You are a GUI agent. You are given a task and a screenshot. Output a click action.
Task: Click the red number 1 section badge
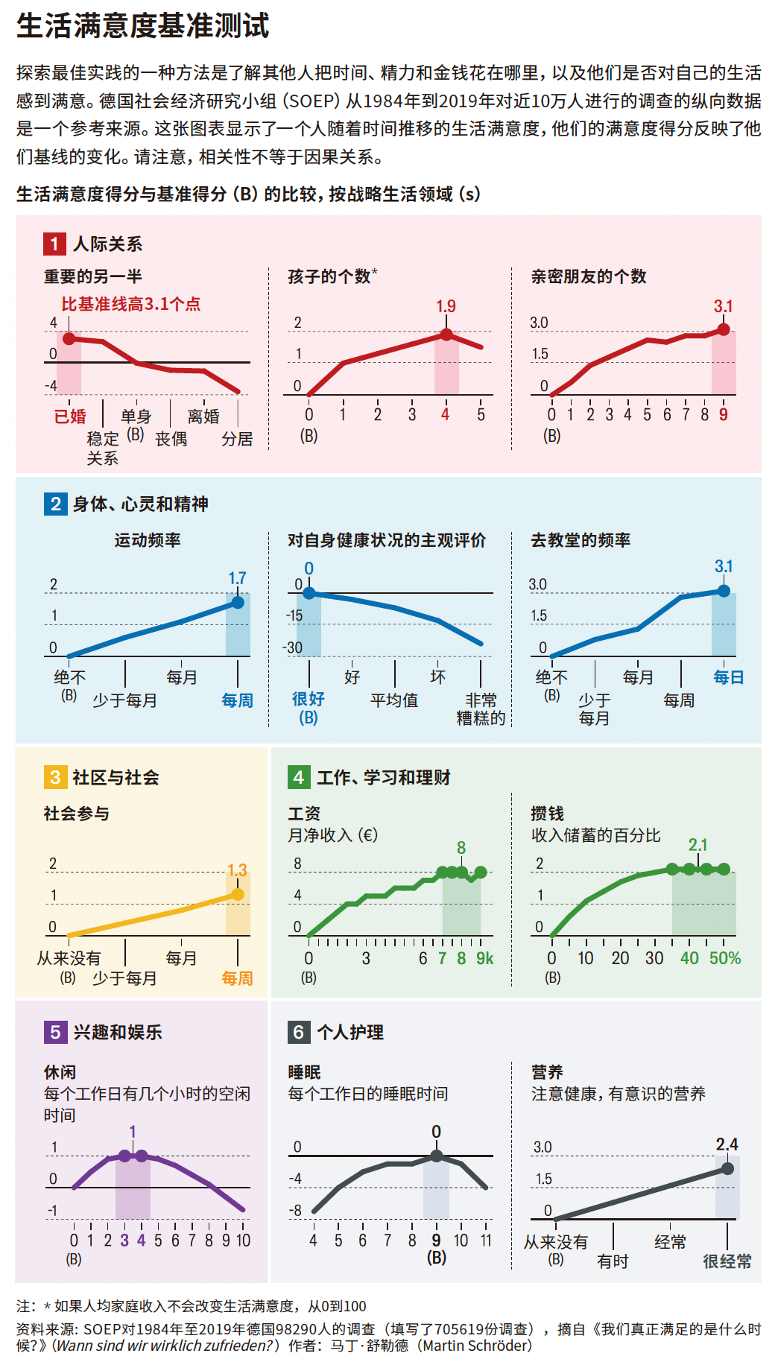coord(54,244)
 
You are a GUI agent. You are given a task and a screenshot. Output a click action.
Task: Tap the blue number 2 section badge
coord(55,504)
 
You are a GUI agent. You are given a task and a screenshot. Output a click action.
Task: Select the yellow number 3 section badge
coord(55,777)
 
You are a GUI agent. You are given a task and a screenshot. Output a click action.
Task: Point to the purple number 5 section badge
coord(55,1032)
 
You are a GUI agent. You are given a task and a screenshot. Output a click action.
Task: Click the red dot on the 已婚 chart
coord(69,339)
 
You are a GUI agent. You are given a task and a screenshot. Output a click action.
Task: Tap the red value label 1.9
coord(446,306)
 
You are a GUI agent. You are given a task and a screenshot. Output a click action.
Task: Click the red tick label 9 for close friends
coord(723,414)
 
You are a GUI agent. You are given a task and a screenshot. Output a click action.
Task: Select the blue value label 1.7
coord(237,578)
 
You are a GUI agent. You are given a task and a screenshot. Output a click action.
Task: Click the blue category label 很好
coord(308,699)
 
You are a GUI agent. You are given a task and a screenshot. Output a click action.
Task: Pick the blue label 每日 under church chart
coord(728,677)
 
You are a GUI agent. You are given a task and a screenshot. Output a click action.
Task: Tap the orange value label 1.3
coord(237,870)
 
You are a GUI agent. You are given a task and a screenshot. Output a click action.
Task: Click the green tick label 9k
coord(484,958)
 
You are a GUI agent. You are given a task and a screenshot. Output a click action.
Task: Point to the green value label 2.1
coord(698,845)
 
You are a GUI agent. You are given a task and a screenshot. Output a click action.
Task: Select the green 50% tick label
coord(725,958)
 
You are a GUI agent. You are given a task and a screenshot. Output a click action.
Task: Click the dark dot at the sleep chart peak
coord(437,1156)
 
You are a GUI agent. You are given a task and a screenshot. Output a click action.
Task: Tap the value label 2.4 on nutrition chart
coord(727,1144)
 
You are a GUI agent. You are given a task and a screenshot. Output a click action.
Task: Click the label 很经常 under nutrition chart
coord(727,1261)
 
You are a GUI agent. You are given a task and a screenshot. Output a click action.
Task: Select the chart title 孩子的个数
coord(329,276)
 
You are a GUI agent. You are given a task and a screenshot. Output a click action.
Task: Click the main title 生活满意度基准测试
coord(142,26)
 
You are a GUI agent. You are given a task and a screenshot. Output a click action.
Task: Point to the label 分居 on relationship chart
coord(237,439)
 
